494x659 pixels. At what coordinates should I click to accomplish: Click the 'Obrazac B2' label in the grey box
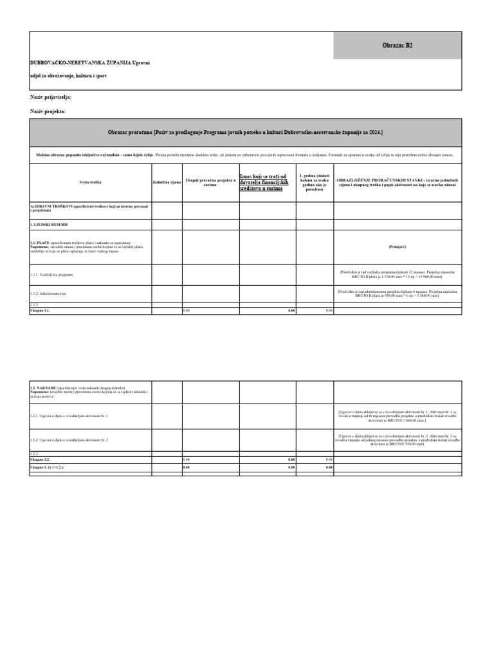click(x=397, y=46)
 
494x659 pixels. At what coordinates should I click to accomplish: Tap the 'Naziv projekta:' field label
click(x=48, y=112)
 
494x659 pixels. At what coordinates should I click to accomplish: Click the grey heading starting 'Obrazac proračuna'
click(x=245, y=132)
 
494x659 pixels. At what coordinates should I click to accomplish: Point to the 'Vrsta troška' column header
click(x=90, y=183)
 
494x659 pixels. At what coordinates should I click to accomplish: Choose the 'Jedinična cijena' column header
click(x=167, y=183)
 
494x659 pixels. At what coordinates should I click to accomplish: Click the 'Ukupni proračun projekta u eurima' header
click(x=211, y=183)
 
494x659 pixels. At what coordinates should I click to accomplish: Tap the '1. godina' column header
click(x=315, y=183)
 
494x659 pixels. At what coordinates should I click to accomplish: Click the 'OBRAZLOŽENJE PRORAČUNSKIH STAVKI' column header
click(x=397, y=183)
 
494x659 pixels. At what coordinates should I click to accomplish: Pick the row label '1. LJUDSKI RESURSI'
click(x=49, y=225)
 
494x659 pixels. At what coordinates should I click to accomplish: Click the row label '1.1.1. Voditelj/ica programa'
click(x=51, y=275)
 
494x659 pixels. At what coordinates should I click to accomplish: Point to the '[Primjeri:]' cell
click(x=397, y=246)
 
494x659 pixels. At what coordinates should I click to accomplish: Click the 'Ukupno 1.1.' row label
click(x=40, y=310)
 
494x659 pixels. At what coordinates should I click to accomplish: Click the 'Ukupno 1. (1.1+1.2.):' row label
click(x=47, y=467)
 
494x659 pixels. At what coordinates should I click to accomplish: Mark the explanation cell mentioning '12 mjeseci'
click(x=397, y=275)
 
